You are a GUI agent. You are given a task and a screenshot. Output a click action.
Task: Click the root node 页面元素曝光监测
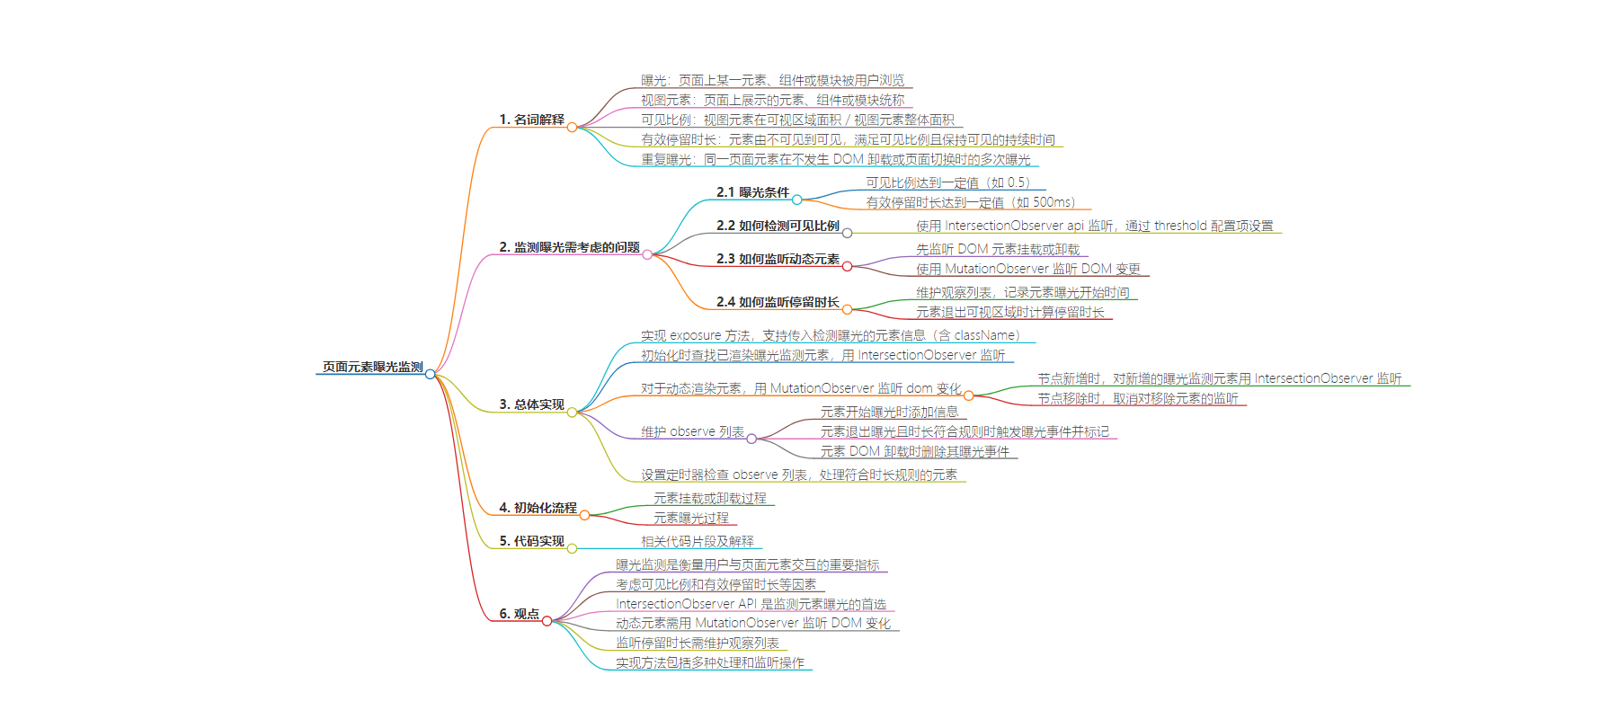(x=372, y=367)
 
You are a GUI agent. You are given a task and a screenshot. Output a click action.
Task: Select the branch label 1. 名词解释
(x=531, y=120)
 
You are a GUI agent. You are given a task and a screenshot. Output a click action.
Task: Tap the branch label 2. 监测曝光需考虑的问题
(x=569, y=247)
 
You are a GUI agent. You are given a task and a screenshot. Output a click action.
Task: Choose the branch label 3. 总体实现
(x=531, y=404)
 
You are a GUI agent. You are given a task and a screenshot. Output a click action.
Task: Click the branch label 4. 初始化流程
(x=538, y=508)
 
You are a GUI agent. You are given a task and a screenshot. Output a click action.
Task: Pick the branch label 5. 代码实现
(x=531, y=541)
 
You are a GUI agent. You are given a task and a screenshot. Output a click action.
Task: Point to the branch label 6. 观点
(x=519, y=614)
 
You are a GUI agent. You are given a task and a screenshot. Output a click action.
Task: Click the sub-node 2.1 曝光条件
(x=752, y=192)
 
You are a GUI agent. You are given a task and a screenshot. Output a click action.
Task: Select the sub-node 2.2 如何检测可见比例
(x=778, y=226)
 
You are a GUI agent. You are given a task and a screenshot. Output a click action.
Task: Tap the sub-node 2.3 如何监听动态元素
(x=778, y=259)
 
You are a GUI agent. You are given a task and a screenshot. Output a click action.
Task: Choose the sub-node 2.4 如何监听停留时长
(x=778, y=302)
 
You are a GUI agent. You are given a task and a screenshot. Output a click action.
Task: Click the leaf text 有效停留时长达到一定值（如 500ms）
(x=970, y=202)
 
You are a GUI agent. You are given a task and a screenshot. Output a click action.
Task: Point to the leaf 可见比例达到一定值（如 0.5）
(x=947, y=182)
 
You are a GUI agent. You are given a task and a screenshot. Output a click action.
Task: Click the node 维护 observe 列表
(x=692, y=431)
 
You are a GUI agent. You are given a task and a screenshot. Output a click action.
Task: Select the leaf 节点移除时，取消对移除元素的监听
(x=1137, y=398)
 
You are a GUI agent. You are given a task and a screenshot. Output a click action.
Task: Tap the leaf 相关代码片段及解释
(x=697, y=541)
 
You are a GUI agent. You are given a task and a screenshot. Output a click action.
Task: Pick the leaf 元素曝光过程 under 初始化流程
(x=690, y=518)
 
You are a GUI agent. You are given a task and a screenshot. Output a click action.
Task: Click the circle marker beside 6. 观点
(x=547, y=621)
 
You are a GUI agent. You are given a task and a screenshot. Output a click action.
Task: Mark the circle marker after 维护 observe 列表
(x=751, y=439)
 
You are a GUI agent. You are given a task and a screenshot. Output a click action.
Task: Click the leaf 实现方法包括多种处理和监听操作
(x=709, y=662)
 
